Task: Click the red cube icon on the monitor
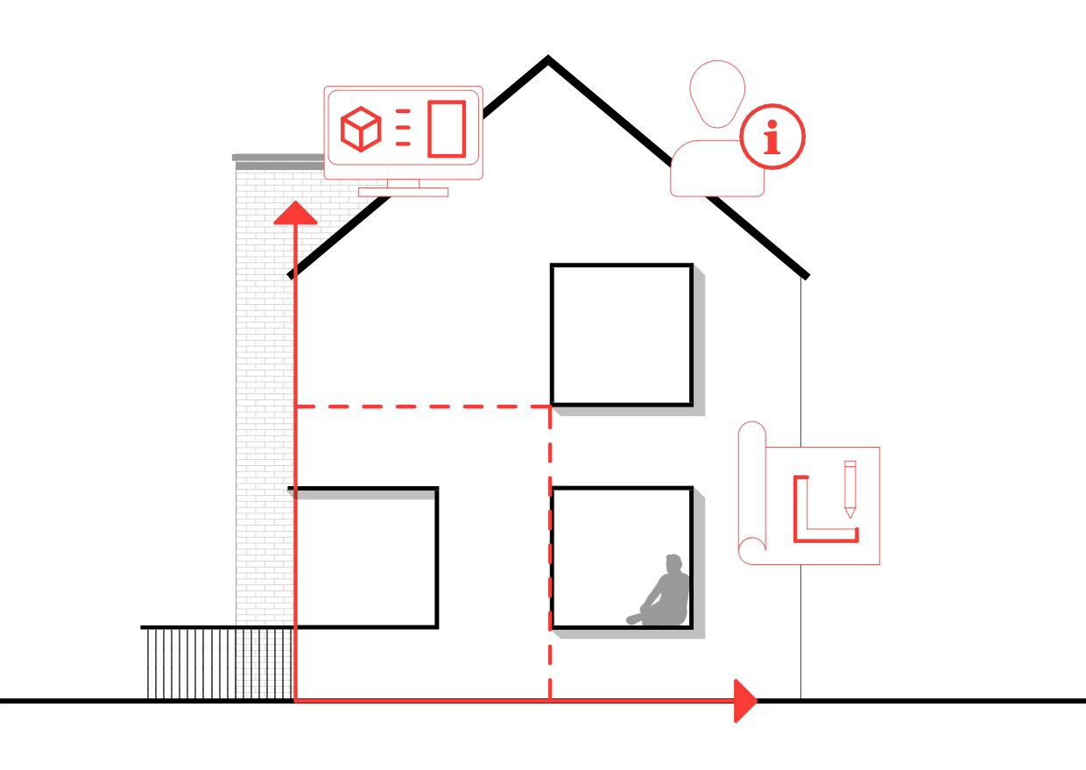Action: (x=361, y=131)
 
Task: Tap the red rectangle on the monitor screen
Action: (x=446, y=129)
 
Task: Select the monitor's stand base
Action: (x=403, y=192)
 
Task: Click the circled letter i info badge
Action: (x=772, y=138)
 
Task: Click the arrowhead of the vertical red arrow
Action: (x=295, y=213)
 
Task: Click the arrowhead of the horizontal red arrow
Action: (x=744, y=700)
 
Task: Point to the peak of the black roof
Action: (x=548, y=60)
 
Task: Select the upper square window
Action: (x=622, y=335)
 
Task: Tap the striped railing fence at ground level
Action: (x=219, y=663)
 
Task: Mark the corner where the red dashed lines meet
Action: (x=550, y=406)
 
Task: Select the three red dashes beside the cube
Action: (x=403, y=128)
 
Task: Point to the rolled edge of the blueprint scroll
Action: (x=751, y=491)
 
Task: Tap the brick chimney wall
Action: (x=263, y=394)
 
